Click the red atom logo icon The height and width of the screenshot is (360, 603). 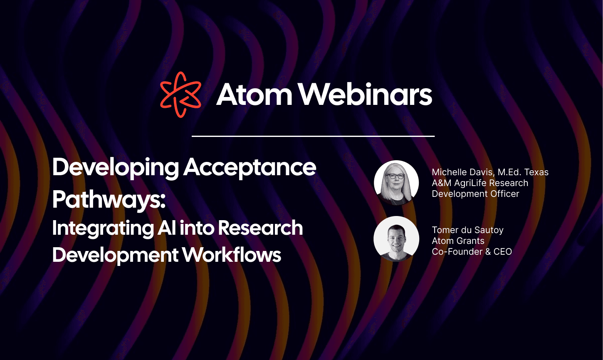tap(180, 94)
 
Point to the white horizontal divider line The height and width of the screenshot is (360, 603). tap(313, 136)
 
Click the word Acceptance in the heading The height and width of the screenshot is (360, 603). tap(250, 167)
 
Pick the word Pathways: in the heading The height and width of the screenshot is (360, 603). tap(109, 200)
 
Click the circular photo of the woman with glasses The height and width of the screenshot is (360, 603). tap(396, 183)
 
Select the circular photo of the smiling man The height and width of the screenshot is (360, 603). tap(396, 238)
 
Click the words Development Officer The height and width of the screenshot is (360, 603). tap(475, 194)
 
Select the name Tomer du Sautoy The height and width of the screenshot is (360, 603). tap(467, 230)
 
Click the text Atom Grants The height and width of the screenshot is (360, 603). tap(458, 241)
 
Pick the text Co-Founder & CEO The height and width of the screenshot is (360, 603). tap(472, 252)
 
